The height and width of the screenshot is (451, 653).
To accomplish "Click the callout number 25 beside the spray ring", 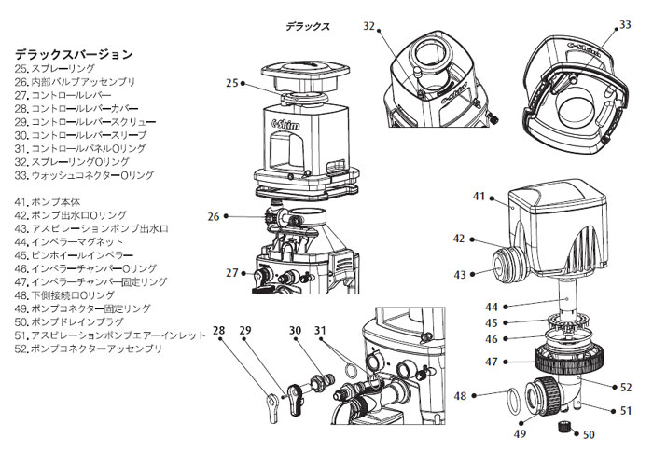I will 231,83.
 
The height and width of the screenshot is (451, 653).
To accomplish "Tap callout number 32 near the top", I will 369,28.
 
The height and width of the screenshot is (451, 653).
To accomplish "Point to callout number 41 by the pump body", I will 479,197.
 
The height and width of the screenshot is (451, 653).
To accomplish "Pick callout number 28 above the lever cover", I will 220,331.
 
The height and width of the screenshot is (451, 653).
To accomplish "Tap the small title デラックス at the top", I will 308,27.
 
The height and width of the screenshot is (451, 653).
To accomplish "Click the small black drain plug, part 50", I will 563,428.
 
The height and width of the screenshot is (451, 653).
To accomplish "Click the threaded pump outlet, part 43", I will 507,264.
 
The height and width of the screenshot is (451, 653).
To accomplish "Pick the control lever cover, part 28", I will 271,404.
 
